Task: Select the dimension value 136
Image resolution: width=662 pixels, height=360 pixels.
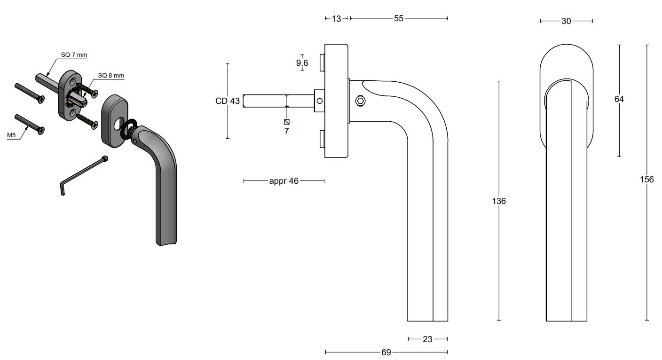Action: [x=498, y=201]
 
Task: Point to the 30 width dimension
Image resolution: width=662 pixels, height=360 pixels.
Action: [x=566, y=21]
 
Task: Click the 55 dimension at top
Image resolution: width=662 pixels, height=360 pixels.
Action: [x=399, y=18]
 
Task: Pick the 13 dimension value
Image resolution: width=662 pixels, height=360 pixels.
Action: [x=336, y=19]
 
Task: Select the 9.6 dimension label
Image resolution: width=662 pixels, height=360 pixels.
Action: [x=302, y=63]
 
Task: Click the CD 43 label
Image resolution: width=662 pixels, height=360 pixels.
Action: [x=228, y=101]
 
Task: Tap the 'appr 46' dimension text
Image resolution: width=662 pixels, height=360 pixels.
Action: [x=284, y=181]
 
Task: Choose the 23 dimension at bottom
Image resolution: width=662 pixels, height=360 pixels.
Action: [x=427, y=339]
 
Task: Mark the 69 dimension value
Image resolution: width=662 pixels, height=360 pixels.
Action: [x=386, y=352]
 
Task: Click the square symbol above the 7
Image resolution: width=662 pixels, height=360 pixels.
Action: [x=286, y=122]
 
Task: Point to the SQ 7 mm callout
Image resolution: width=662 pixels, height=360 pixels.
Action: [x=74, y=55]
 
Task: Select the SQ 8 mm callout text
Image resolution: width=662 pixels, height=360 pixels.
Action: [x=111, y=75]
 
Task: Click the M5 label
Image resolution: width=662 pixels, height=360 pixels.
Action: [x=12, y=135]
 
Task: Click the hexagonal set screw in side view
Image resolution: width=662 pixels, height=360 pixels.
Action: [x=360, y=101]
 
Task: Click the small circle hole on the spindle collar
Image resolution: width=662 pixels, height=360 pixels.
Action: [x=320, y=101]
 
